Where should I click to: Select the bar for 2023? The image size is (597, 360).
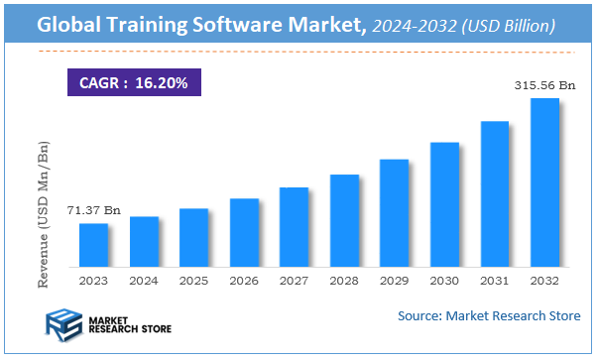pos(93,245)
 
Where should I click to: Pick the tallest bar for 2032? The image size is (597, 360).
pos(544,182)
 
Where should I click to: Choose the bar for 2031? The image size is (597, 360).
pos(495,193)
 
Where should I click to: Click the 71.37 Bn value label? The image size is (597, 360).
pos(93,210)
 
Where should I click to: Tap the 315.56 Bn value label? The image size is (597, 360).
pos(543,86)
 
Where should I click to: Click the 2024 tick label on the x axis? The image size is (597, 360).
pos(144,281)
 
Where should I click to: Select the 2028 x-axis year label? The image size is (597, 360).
pos(344,281)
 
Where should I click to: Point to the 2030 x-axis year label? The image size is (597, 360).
pos(444,281)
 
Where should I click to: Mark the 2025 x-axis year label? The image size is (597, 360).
pos(194,281)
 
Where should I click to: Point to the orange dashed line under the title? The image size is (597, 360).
pos(298,52)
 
